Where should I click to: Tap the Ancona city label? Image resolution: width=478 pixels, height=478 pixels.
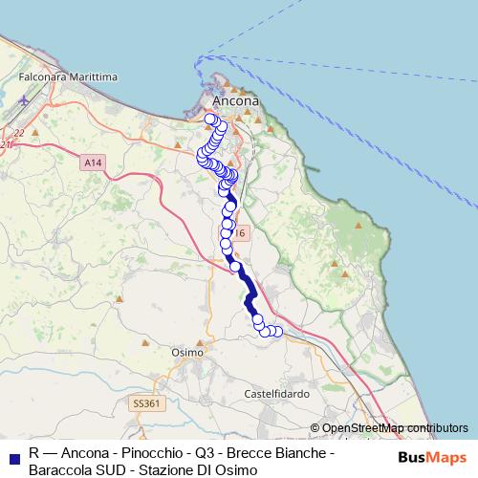coord(234,100)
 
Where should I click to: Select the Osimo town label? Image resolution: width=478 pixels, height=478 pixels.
coord(187,352)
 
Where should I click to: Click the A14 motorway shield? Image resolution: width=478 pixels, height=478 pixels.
coord(93,163)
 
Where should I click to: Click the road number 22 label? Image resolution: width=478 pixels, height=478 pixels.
coord(18,133)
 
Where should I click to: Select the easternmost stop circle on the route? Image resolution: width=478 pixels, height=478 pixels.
coord(278,332)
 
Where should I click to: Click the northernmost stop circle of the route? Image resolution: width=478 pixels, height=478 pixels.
coord(211,119)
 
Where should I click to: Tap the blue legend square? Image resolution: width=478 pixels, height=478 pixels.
coord(12,454)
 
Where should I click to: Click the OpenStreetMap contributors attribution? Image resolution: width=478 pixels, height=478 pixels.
coord(394,428)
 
